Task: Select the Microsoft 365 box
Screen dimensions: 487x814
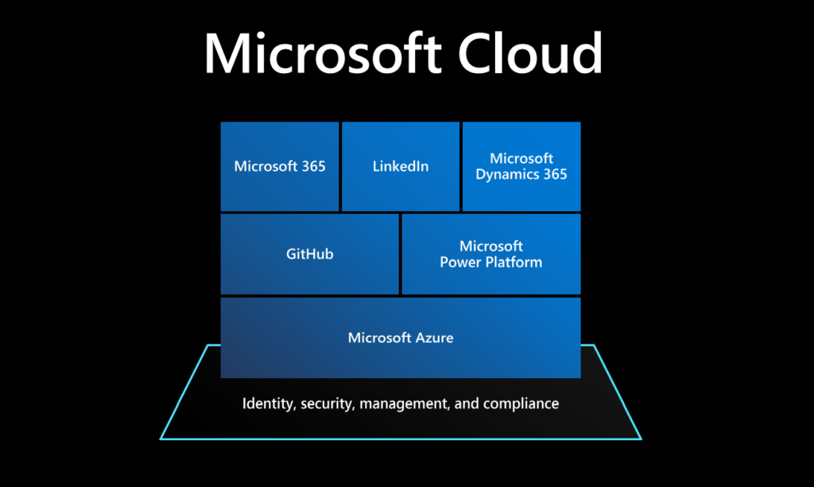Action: [x=280, y=166]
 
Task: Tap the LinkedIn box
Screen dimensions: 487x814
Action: [x=401, y=166]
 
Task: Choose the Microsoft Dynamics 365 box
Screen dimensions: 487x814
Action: [x=521, y=166]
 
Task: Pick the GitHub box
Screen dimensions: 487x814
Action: [x=309, y=254]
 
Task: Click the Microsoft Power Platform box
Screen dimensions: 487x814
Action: [x=491, y=254]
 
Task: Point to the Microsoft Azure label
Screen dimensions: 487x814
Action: [x=401, y=338]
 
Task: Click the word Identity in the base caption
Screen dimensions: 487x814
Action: [x=267, y=404]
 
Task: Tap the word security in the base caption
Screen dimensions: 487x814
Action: [x=328, y=404]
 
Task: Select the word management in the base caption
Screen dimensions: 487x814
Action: [x=404, y=404]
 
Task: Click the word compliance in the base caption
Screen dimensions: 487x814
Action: [x=521, y=404]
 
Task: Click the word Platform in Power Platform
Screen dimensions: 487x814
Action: [x=514, y=262]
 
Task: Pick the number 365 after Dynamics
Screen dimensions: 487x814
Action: [x=554, y=174]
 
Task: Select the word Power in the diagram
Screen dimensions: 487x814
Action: [x=460, y=262]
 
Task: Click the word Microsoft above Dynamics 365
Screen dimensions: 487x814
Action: [x=521, y=158]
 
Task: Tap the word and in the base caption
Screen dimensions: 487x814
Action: [x=466, y=404]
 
